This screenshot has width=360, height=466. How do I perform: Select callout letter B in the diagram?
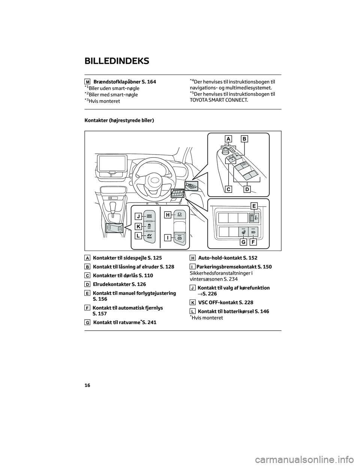[244, 139]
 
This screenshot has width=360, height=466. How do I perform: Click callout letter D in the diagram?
[247, 189]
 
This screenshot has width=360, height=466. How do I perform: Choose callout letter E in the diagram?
[254, 206]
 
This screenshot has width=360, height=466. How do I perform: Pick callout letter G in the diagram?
[244, 242]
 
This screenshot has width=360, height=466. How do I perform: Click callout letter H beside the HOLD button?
[168, 215]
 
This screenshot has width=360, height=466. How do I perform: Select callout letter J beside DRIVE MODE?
[139, 216]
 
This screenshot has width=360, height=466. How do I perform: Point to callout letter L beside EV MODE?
[139, 236]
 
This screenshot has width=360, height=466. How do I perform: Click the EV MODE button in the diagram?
[149, 236]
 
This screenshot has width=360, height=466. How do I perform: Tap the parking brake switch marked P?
[179, 238]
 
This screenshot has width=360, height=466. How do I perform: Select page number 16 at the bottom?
[87, 385]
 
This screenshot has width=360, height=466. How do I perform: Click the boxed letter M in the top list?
[87, 82]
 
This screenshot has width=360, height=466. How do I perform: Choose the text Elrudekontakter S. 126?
[119, 284]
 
